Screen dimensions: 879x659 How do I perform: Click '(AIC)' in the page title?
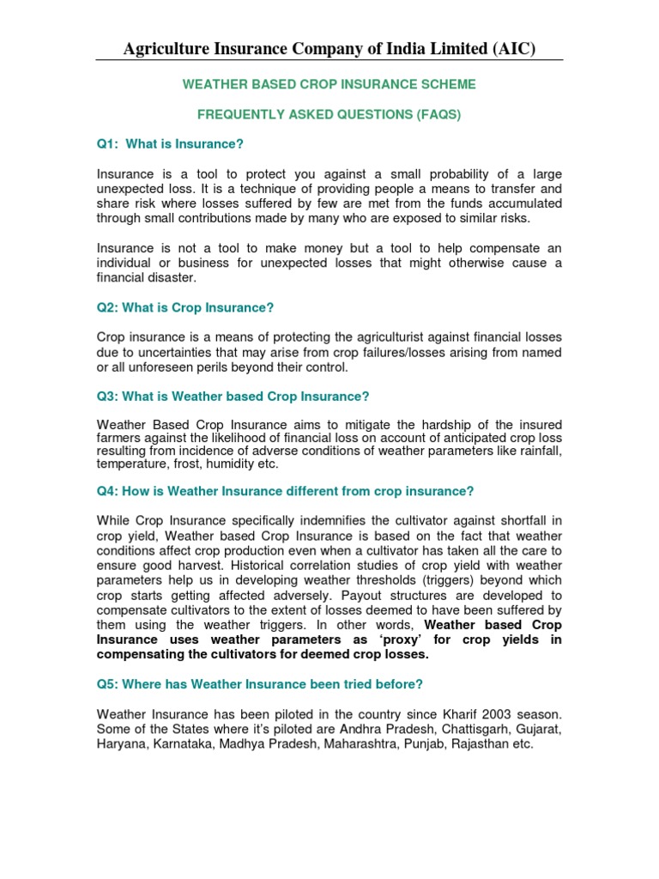point(511,49)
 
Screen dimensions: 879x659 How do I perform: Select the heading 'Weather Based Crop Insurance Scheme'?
point(329,85)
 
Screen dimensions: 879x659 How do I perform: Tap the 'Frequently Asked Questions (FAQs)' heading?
point(329,115)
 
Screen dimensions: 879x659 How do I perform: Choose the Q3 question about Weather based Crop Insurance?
point(233,397)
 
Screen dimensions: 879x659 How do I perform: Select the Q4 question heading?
point(286,491)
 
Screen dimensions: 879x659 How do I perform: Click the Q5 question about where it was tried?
point(260,684)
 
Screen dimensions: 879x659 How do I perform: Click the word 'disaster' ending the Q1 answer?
point(173,278)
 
